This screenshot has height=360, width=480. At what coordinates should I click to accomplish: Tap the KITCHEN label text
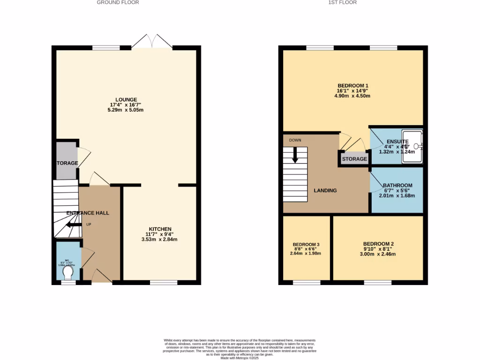click(x=159, y=229)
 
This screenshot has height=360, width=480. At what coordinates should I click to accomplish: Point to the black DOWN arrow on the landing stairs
click(x=295, y=155)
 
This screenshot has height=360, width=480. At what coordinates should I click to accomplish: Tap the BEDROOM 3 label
click(x=306, y=245)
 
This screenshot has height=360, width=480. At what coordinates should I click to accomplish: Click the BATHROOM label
click(x=397, y=185)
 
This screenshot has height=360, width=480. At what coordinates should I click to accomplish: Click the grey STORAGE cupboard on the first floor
click(x=354, y=159)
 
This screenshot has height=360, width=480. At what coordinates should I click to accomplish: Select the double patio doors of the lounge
click(x=152, y=43)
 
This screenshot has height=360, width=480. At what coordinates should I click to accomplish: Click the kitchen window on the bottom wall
click(x=164, y=282)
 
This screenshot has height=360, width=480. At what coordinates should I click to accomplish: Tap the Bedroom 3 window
click(x=307, y=282)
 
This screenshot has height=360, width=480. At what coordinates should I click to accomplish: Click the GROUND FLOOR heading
click(x=118, y=2)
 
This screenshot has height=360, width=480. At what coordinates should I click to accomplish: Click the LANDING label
click(x=325, y=190)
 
